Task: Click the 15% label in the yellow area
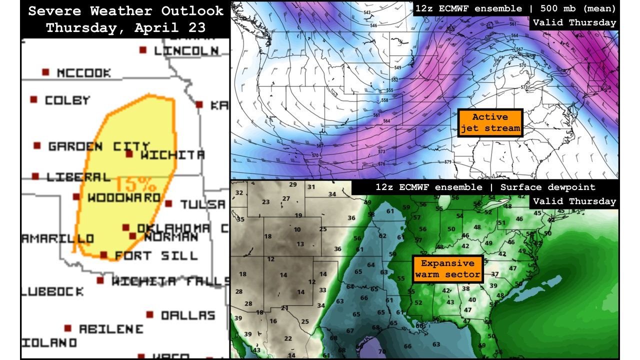click(133, 183)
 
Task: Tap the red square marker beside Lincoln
click(143, 50)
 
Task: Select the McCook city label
click(83, 73)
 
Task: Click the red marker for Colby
click(34, 100)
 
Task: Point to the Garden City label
click(98, 146)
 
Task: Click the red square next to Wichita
click(129, 154)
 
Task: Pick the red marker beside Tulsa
click(168, 204)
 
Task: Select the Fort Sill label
click(156, 255)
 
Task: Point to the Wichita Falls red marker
click(100, 280)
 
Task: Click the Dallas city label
click(187, 315)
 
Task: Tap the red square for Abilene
click(68, 328)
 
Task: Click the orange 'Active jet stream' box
click(490, 122)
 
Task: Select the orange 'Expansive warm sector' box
click(447, 268)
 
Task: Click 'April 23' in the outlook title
click(169, 27)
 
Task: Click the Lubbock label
click(52, 291)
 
